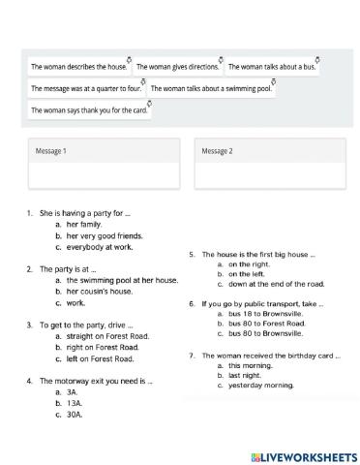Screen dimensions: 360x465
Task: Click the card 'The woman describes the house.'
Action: coord(78,68)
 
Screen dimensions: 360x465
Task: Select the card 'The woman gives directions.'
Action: coord(177,68)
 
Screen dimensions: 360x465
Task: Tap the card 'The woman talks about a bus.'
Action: coord(271,68)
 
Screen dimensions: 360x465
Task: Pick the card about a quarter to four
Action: coord(85,89)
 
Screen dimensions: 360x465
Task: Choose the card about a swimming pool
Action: coord(212,89)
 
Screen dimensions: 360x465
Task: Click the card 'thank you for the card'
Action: coord(90,110)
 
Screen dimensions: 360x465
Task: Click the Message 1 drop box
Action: coord(104,163)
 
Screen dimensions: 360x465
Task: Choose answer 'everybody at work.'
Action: coord(100,247)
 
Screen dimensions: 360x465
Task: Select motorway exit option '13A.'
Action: coord(73,403)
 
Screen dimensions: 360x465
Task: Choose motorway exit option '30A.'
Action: coord(74,415)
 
